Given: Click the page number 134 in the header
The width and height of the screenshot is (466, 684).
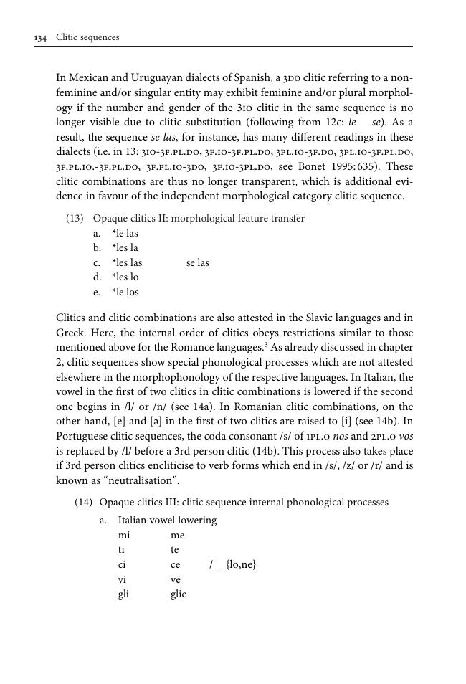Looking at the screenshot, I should [40, 37].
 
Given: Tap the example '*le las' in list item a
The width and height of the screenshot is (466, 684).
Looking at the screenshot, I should [125, 234].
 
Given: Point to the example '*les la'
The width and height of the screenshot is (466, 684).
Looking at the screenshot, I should [125, 248].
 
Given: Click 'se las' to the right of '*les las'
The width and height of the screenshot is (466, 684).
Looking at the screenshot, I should [198, 263].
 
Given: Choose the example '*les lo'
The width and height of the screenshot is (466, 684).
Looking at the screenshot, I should [125, 277].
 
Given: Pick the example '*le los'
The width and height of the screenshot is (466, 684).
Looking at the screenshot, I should [125, 293].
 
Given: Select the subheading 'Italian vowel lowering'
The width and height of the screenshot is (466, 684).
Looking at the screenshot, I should [167, 521].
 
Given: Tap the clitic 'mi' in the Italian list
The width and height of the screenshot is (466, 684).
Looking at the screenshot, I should [123, 536].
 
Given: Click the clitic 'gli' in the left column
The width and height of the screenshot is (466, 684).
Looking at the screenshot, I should [123, 594].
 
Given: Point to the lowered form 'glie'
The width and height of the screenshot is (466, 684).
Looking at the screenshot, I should [179, 594].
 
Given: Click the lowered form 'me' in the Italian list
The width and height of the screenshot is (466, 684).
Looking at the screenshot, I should [178, 536].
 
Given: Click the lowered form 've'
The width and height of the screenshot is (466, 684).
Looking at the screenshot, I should [176, 579].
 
